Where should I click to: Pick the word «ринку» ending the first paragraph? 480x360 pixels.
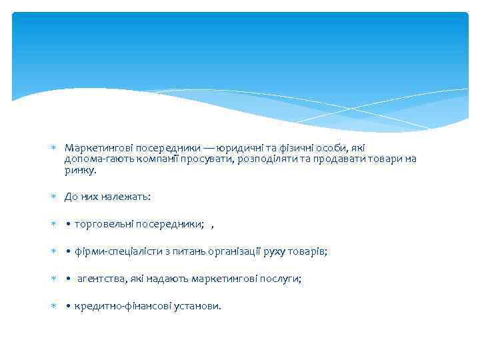(x=80, y=171)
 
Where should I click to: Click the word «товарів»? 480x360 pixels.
(x=313, y=252)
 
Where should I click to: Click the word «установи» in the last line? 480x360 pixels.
(x=197, y=307)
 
